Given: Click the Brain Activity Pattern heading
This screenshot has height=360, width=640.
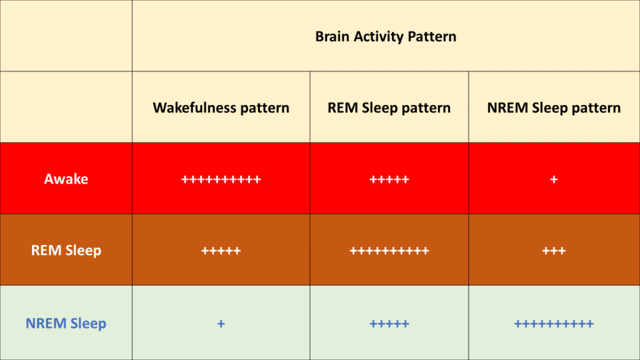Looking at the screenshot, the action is point(386,37).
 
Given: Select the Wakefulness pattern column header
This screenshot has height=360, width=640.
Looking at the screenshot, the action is point(221,108).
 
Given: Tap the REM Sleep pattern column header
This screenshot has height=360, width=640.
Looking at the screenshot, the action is point(389,108).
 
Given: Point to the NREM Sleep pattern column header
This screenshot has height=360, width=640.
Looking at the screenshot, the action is point(554,108).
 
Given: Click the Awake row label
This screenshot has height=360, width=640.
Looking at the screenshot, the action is point(66,179).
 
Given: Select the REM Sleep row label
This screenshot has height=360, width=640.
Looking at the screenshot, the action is point(66,250).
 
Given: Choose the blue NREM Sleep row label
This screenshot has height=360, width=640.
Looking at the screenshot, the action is point(66,323).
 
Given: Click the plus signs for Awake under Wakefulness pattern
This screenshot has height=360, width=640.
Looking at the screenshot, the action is point(221,179).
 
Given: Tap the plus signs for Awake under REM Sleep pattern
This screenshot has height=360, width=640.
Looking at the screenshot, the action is point(389,179).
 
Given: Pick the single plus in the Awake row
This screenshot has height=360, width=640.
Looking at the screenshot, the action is point(554,179).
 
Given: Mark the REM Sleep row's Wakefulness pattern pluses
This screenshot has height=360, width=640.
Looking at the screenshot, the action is point(221,251).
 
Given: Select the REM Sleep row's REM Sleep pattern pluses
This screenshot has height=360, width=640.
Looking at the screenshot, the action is point(389,251).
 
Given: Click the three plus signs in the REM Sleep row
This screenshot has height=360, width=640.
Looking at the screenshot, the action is point(554,251).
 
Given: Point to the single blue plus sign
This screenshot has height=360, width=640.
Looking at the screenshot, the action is point(221,324).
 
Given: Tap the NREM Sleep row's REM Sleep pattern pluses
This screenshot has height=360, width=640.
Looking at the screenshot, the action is point(389,324).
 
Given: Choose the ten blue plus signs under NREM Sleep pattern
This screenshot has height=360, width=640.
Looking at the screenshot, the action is point(554,324).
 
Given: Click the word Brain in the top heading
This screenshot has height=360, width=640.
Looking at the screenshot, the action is point(332,37).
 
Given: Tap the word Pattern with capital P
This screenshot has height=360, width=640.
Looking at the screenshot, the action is point(432,37).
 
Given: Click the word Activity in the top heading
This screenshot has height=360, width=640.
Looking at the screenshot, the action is point(379,37).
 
